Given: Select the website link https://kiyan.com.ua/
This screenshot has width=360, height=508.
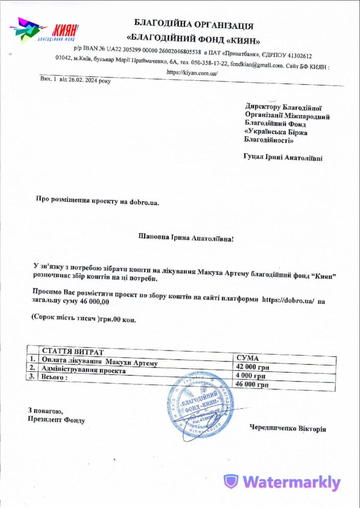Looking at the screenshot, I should click(x=192, y=72).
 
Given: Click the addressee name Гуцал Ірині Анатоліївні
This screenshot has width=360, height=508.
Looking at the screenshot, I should click(x=283, y=158).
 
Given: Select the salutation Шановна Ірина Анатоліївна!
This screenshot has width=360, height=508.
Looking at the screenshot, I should click(x=185, y=239).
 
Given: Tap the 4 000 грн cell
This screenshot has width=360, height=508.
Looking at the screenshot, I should click(x=250, y=376).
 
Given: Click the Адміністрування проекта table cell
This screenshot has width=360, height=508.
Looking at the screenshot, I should click(x=84, y=370).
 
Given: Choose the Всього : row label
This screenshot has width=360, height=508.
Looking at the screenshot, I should click(x=55, y=378).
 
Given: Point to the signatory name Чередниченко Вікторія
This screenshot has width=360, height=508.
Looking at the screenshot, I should click(x=288, y=429).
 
